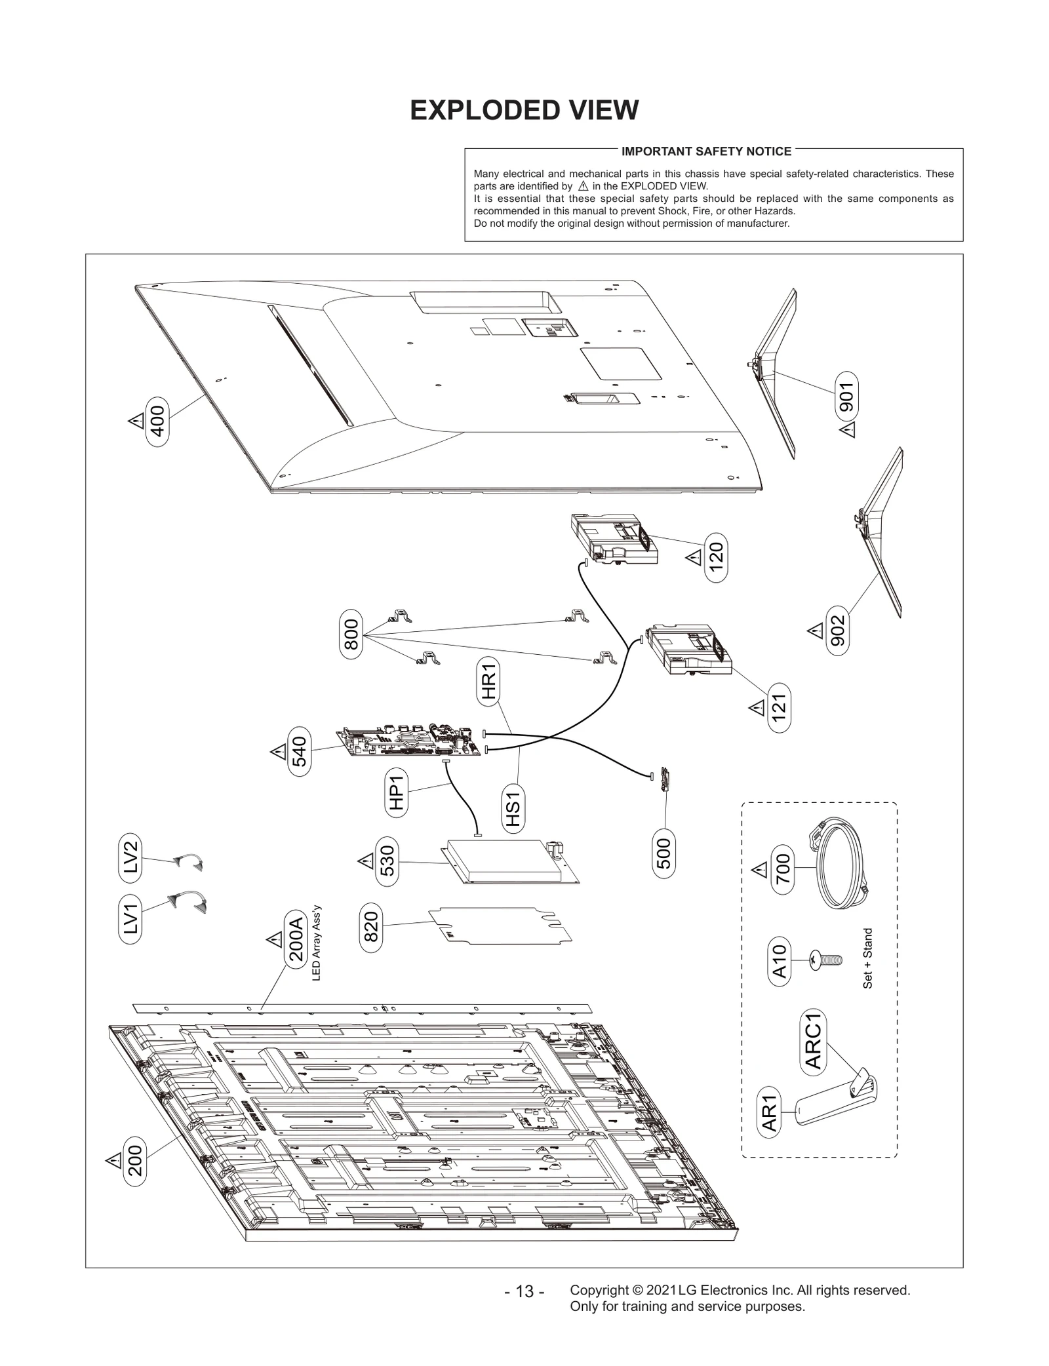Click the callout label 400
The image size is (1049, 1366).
point(158,421)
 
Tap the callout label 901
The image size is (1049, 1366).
point(847,397)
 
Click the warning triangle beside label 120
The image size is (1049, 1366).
point(694,558)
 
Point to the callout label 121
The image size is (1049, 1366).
point(779,707)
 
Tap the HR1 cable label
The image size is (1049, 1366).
point(488,682)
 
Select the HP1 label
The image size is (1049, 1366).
point(396,790)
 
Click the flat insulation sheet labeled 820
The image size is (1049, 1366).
point(498,925)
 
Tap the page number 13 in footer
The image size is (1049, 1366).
point(524,1309)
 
